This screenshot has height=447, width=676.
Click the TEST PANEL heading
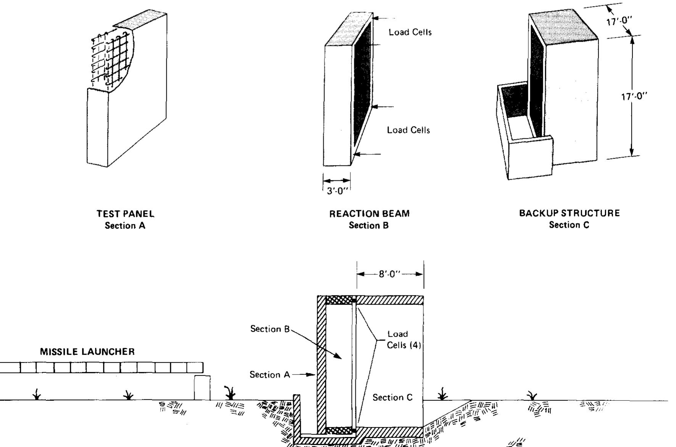[x=125, y=214]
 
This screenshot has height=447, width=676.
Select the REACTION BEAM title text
[x=369, y=214]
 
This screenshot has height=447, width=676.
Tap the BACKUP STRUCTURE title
[x=569, y=213]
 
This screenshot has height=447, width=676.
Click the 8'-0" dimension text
[x=390, y=274]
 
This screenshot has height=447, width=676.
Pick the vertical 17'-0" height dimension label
[x=634, y=97]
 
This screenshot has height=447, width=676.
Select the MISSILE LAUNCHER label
[x=87, y=352]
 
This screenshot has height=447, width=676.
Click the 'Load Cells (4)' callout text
[x=403, y=340]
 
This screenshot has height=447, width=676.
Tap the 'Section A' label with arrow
[x=269, y=375]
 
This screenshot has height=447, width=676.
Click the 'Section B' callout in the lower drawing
[x=270, y=329]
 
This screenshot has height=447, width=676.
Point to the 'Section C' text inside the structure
[x=392, y=398]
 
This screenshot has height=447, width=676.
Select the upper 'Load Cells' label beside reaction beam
[x=410, y=32]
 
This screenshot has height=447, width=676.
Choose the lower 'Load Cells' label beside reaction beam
[x=408, y=130]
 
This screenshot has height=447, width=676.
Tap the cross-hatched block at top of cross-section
[x=339, y=300]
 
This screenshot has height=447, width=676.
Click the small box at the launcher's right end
[x=202, y=388]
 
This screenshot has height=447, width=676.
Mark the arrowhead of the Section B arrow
[x=339, y=357]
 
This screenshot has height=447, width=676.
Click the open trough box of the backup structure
[x=523, y=130]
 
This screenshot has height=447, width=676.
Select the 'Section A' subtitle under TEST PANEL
[x=125, y=226]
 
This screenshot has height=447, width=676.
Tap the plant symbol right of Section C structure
[x=442, y=394]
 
